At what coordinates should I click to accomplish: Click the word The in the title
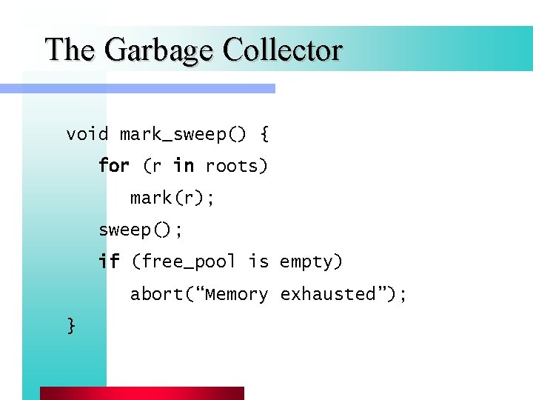70,50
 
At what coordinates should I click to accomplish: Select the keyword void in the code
87,134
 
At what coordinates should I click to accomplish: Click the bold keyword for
114,166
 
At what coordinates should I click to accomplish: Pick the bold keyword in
183,166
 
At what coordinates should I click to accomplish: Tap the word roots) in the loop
236,167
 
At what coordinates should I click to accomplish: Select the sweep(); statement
141,230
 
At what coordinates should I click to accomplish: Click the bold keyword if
109,261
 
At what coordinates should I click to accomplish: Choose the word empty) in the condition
311,262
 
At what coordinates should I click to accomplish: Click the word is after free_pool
258,261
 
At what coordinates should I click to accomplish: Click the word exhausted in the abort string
328,294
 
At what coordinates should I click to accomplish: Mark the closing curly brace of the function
71,325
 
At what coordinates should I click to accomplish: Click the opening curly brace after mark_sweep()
264,135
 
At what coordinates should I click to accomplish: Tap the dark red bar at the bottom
141,393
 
